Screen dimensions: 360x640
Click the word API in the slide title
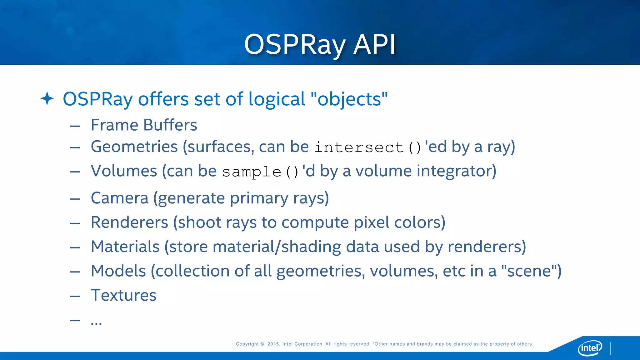point(374,45)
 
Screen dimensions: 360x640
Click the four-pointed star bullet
point(47,99)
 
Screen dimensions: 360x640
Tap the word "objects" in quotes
point(349,99)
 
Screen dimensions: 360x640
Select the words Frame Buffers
point(144,125)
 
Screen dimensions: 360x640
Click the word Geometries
point(134,147)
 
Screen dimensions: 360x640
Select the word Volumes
point(124,171)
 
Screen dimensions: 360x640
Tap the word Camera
point(119,198)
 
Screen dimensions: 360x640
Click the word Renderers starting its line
point(129,222)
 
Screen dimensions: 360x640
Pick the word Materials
point(125,247)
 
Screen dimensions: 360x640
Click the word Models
point(118,271)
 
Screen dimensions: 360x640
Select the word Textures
point(123,295)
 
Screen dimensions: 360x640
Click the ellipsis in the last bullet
point(96,322)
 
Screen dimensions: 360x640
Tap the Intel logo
point(590,348)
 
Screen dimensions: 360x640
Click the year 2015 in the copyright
point(273,344)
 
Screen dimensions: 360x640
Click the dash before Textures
point(75,296)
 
